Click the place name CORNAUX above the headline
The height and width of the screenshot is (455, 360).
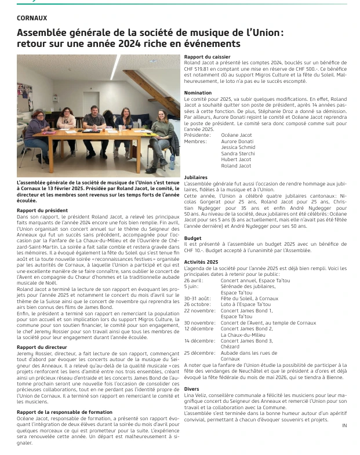(32, 19)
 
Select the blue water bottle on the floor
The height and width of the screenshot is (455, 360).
(172, 162)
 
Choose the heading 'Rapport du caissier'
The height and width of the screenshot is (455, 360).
(208, 56)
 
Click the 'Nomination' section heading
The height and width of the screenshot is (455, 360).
(198, 93)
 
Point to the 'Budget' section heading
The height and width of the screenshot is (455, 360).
(192, 238)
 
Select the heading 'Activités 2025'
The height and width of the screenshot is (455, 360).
(201, 262)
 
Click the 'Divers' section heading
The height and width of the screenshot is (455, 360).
(191, 388)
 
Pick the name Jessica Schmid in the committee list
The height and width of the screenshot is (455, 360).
(238, 147)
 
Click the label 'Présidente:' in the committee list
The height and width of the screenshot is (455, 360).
(197, 135)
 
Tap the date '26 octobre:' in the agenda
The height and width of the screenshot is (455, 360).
(199, 304)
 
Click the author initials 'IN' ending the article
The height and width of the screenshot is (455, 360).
(344, 425)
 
